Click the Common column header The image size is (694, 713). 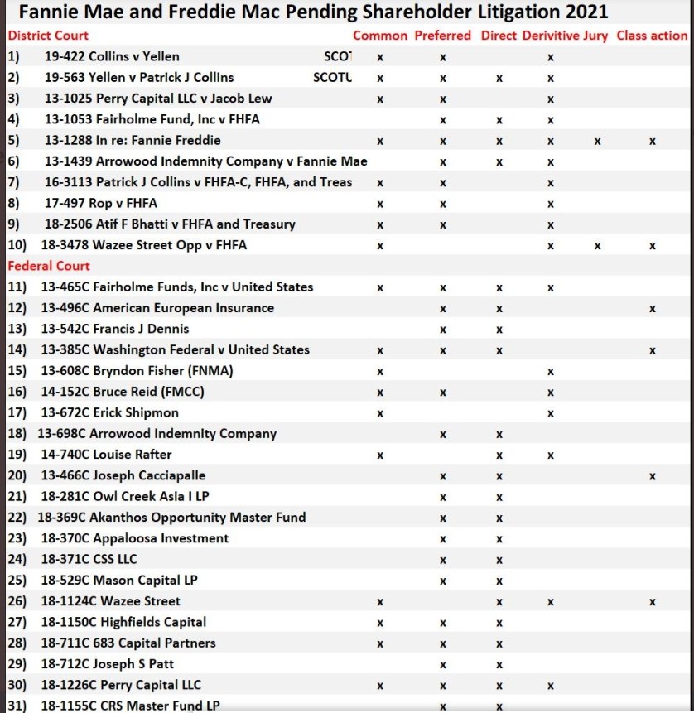[x=380, y=36]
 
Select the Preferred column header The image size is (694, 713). [x=442, y=36]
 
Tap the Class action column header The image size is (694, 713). [x=652, y=36]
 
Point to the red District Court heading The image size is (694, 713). [x=48, y=36]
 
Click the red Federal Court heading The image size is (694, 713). [x=49, y=266]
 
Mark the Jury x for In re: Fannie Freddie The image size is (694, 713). [x=597, y=141]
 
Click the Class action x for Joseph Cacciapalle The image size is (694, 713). [x=653, y=475]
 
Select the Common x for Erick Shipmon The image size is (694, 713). [x=380, y=412]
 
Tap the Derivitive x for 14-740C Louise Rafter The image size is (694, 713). [x=550, y=455]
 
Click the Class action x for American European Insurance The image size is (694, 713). [x=653, y=308]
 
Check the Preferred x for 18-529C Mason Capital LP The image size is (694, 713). [x=443, y=581]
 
